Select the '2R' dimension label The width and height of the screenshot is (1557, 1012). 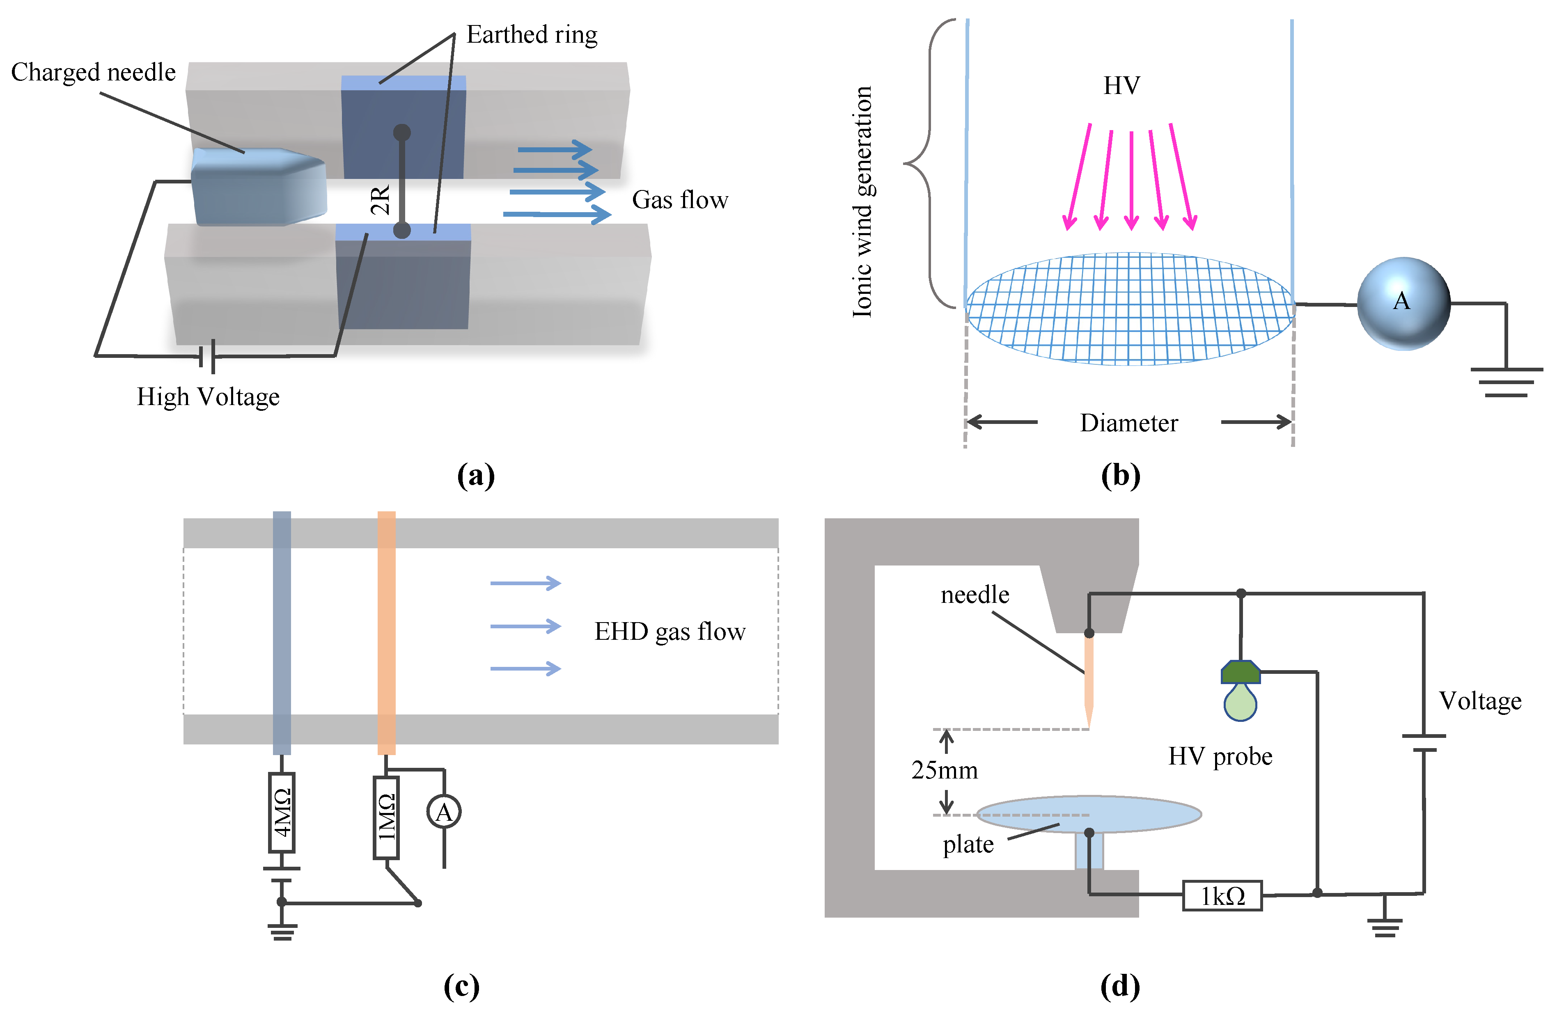pos(380,199)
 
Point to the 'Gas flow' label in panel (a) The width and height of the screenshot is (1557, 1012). pos(680,199)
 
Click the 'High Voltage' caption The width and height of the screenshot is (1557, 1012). pos(208,396)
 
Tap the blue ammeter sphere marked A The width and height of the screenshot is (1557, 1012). pos(1403,303)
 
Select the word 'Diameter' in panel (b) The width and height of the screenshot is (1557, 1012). pos(1128,423)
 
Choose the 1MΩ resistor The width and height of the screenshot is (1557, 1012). pos(386,817)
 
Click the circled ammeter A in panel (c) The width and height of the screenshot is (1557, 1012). pos(444,812)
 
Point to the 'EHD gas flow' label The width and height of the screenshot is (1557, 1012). pos(669,631)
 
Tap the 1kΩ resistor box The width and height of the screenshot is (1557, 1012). pos(1222,895)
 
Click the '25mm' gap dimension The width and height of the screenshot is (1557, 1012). pos(945,770)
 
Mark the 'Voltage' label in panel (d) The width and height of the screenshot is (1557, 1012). pos(1480,701)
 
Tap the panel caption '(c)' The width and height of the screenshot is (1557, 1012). pos(461,986)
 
